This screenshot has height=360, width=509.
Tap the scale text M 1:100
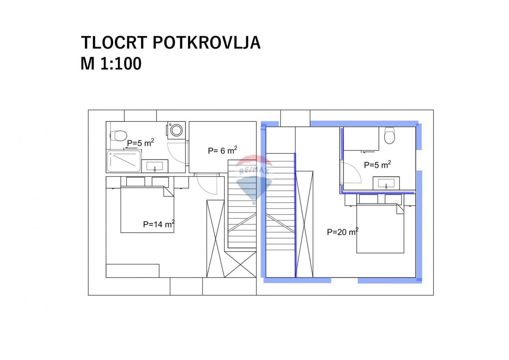111,64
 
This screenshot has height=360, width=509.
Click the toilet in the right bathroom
389,136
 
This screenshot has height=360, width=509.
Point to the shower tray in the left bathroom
123,161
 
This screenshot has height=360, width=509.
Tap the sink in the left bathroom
155,166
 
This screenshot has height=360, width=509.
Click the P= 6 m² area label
222,150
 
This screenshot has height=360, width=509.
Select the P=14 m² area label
159,224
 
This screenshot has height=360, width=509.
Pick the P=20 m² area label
343,232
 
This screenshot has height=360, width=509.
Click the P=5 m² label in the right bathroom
377,164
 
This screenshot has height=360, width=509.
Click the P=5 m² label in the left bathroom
140,143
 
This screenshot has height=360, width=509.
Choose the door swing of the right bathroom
351,172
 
